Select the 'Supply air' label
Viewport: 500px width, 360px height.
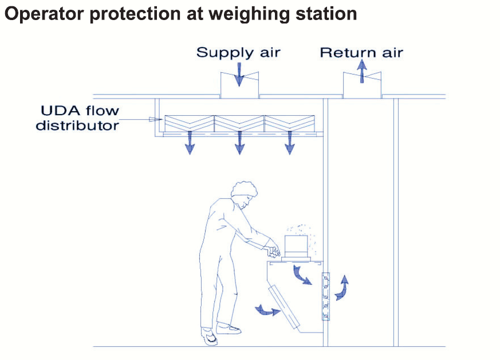pos(238,53)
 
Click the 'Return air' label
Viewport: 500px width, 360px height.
pos(361,53)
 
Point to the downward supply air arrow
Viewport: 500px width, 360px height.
pos(239,74)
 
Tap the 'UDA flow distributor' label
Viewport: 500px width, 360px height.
pos(78,118)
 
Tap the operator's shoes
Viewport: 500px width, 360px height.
pos(218,332)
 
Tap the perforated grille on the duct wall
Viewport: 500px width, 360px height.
pos(326,296)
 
